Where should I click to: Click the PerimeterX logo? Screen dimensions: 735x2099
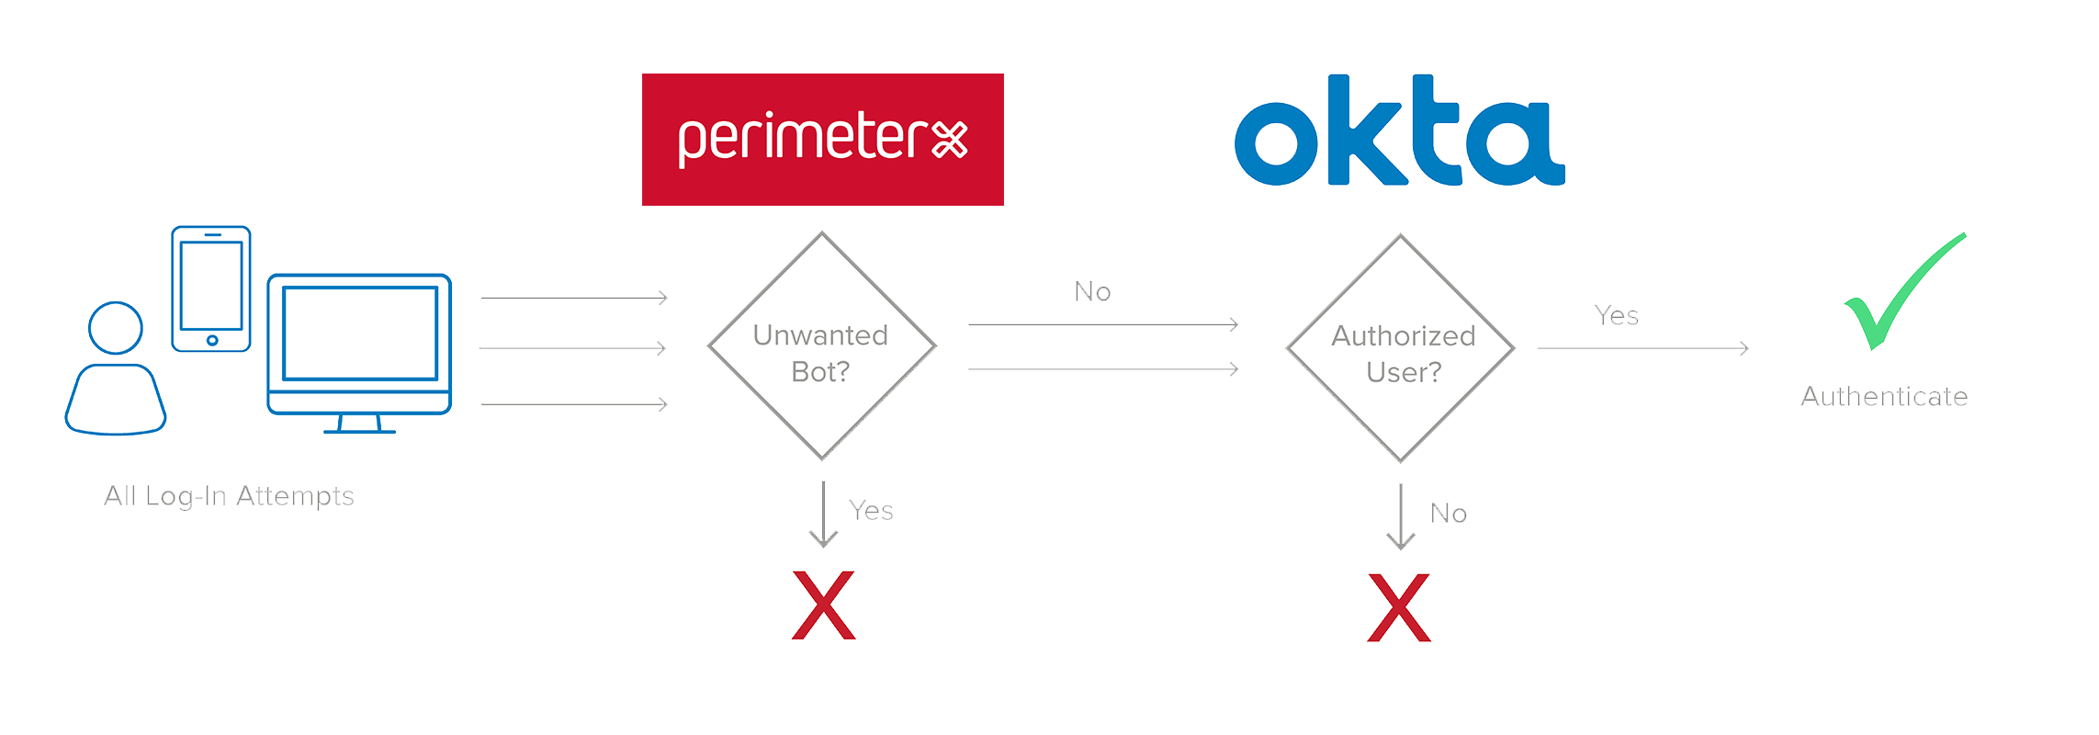[822, 140]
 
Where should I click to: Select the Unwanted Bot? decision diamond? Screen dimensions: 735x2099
[821, 345]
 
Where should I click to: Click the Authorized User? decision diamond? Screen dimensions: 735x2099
[1401, 348]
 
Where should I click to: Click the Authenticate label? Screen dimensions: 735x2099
[1884, 397]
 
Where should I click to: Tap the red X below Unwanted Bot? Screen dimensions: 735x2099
[823, 605]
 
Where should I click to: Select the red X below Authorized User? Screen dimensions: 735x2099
[1399, 607]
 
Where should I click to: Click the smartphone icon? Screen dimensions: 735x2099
[211, 288]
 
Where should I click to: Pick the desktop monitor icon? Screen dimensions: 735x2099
[360, 349]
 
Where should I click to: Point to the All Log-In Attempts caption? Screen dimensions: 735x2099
[229, 496]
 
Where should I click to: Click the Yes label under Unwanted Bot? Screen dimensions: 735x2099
[871, 511]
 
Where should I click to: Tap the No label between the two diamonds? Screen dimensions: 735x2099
[1092, 292]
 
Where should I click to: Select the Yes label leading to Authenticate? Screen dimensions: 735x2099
[1616, 316]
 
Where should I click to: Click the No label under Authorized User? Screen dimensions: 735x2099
[1448, 514]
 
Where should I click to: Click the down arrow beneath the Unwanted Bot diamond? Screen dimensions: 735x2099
[823, 514]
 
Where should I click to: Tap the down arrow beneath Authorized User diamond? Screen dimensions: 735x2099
[1400, 517]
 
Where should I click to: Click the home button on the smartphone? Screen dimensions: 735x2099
[212, 340]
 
